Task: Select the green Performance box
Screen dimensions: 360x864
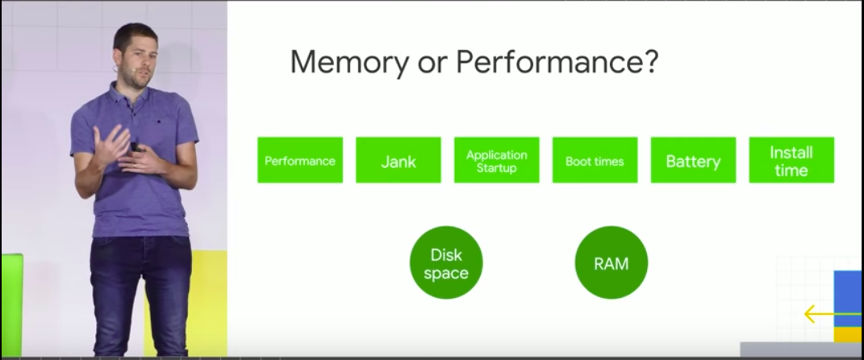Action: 300,160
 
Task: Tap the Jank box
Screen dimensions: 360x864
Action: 399,160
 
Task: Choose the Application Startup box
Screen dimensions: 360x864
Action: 497,160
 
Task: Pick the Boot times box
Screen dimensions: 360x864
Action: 595,160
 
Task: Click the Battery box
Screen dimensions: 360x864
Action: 693,160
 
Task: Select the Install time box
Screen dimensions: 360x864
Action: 791,160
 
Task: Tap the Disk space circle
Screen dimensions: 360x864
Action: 446,262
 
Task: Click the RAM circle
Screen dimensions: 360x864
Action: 611,262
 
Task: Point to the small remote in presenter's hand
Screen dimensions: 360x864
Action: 138,148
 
